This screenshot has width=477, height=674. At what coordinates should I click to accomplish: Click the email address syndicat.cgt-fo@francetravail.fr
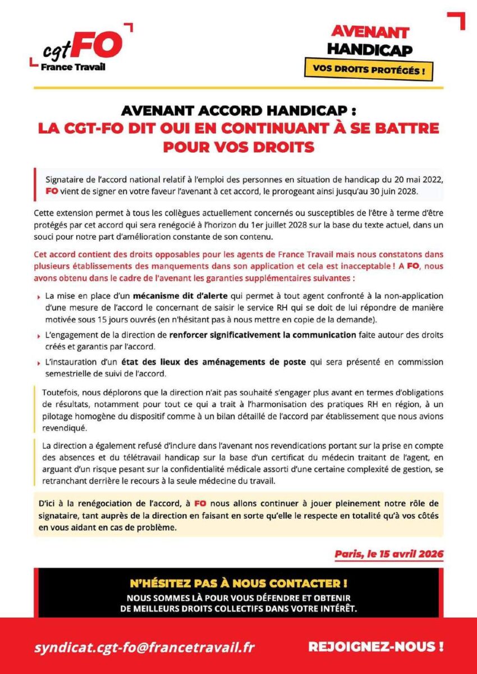[x=144, y=647]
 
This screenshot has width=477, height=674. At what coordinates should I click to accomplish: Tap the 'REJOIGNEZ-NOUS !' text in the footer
[x=376, y=646]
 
